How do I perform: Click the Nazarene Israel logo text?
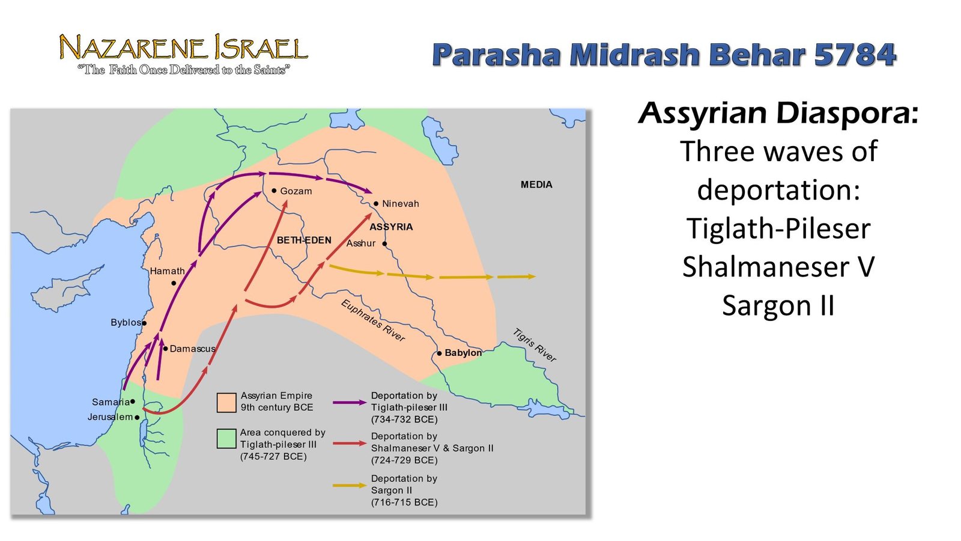(x=184, y=47)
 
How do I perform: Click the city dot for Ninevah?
(x=376, y=204)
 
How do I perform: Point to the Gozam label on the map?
(x=296, y=191)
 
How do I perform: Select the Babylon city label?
(x=463, y=352)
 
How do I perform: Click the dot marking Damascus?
(x=165, y=349)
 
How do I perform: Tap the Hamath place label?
(x=168, y=271)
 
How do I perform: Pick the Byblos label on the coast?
(x=126, y=322)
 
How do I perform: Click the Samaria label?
(x=111, y=402)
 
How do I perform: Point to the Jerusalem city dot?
(x=137, y=417)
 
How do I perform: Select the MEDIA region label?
(x=536, y=185)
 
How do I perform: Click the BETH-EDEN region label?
(x=304, y=240)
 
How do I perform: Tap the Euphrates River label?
(x=372, y=321)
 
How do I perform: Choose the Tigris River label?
(x=534, y=345)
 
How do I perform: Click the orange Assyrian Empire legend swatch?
(x=226, y=403)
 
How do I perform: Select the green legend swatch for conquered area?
(x=226, y=439)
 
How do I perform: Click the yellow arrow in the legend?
(x=349, y=486)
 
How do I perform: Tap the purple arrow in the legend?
(x=349, y=402)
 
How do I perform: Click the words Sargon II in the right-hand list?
(x=778, y=306)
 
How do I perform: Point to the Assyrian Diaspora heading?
(x=778, y=113)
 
